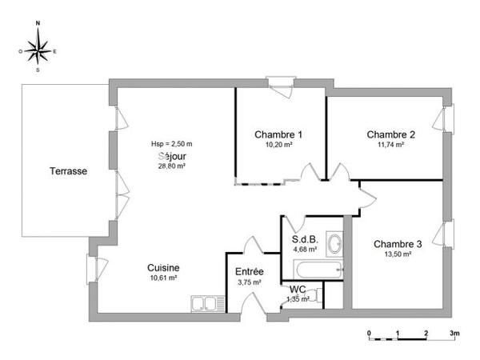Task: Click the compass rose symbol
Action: coord(38,50)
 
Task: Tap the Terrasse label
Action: coord(68,171)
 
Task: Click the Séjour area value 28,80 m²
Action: coord(172,166)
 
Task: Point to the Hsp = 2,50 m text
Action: coord(172,144)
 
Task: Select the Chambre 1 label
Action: coord(278,134)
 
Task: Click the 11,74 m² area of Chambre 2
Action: coord(390,145)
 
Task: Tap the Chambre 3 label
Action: coord(398,244)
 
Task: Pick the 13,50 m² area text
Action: coord(398,254)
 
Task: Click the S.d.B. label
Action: coord(304,238)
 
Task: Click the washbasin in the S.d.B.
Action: coord(336,243)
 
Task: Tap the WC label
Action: coord(298,289)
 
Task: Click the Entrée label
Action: coord(250,272)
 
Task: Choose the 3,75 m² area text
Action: coord(250,282)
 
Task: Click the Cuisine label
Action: coord(162,268)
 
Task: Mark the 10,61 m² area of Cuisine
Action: coord(162,278)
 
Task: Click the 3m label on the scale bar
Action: coord(454,332)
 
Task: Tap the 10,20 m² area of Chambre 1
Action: coord(278,145)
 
